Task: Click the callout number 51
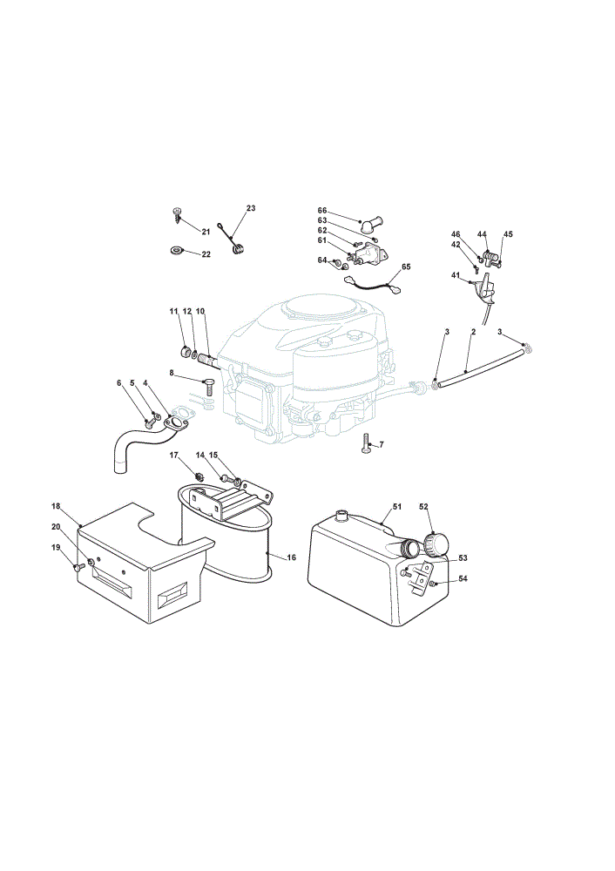click(396, 507)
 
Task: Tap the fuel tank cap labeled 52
click(436, 544)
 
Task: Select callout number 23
click(251, 208)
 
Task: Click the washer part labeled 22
click(176, 251)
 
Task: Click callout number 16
click(292, 557)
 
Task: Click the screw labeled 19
click(79, 567)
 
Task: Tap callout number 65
click(406, 267)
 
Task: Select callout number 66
click(322, 211)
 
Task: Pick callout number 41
click(456, 275)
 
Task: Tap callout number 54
click(463, 578)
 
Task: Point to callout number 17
click(174, 456)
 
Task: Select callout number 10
click(200, 311)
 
